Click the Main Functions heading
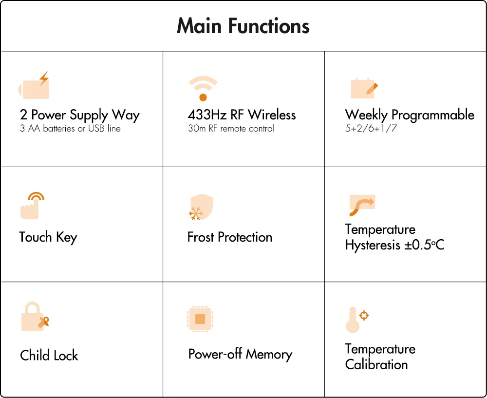pos(243,26)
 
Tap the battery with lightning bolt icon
pos(34,86)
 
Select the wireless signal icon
pos(203,88)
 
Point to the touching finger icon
pos(32,205)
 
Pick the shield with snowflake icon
pos(201,208)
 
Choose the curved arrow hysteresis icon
pos(361,205)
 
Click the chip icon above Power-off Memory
pos(200,319)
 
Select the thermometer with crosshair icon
pos(356,320)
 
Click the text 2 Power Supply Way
pos(80,115)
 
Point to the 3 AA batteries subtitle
pos(70,129)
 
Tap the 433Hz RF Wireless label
pos(242,115)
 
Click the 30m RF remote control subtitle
pos(231,129)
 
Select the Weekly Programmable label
pos(410,115)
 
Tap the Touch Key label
pos(48,237)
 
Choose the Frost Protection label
pos(229,237)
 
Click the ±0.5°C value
pos(424,245)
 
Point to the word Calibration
pos(376,364)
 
